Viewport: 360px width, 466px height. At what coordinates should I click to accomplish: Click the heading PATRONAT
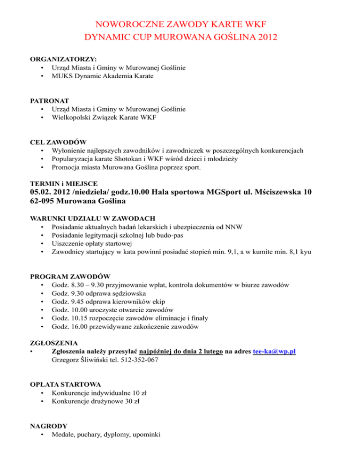50,100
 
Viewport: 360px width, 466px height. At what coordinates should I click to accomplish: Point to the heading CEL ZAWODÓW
58,142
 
